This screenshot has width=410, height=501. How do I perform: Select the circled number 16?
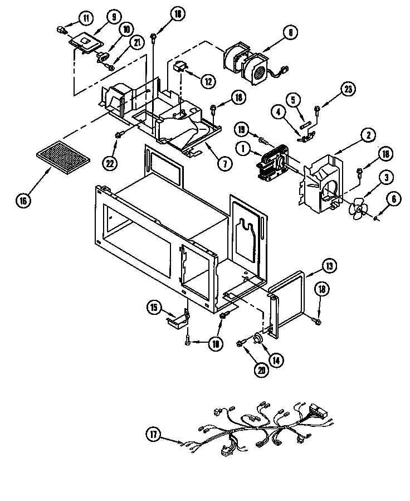(x=23, y=200)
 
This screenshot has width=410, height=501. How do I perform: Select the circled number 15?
(x=154, y=307)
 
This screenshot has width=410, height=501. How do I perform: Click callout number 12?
(x=208, y=81)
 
